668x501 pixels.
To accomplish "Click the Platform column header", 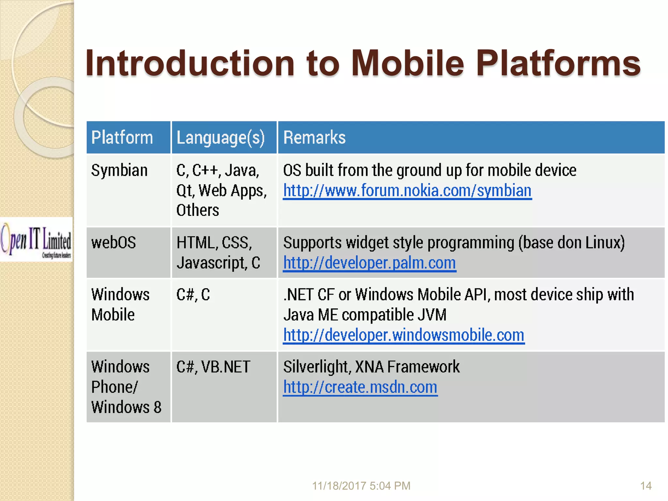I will (122, 137).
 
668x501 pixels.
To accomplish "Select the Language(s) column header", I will (220, 137).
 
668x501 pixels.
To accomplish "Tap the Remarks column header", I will (314, 137).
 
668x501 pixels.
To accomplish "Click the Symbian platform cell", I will (119, 171).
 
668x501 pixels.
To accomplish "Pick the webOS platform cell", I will (114, 243).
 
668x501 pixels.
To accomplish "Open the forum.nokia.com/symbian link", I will (407, 190).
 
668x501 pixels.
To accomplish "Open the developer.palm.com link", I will (369, 263).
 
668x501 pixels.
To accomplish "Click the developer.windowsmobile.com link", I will (403, 335).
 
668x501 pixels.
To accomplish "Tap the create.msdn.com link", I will (360, 387).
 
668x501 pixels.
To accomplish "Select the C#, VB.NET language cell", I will (213, 367).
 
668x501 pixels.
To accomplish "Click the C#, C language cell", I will (193, 295).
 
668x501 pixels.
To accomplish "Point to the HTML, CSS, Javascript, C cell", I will (218, 253).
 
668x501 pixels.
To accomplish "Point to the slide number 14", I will (645, 486).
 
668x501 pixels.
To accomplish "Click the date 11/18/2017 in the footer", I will (340, 486).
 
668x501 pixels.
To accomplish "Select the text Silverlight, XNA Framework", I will (371, 367).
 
